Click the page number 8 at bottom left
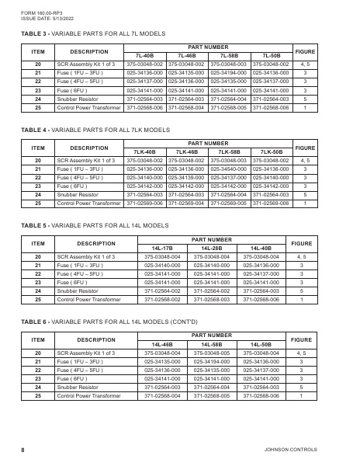click(23, 450)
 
